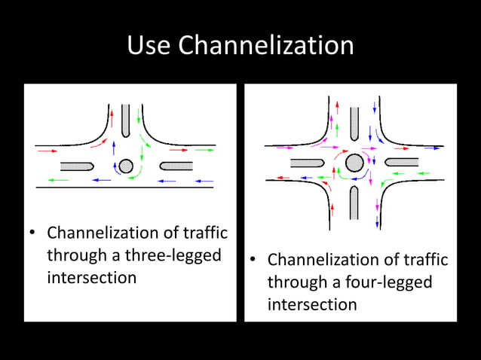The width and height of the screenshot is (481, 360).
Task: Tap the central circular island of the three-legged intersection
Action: pos(126,166)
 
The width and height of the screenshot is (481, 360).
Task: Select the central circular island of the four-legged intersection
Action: pos(354,162)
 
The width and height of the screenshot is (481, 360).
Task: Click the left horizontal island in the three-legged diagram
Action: pos(77,166)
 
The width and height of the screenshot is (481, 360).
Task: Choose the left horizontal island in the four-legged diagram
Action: pos(307,163)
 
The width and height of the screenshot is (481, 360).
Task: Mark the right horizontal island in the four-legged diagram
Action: pos(401,162)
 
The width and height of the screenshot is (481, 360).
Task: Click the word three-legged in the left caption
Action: pos(167,255)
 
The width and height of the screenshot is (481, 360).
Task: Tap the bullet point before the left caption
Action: pos(33,233)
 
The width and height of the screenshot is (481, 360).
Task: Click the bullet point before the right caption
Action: pos(254,261)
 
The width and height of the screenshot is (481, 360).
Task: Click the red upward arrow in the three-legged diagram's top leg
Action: pos(112,118)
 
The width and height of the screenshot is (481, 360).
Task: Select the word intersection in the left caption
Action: pos(92,277)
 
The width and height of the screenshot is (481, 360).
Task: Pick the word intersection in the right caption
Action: pos(312,304)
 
